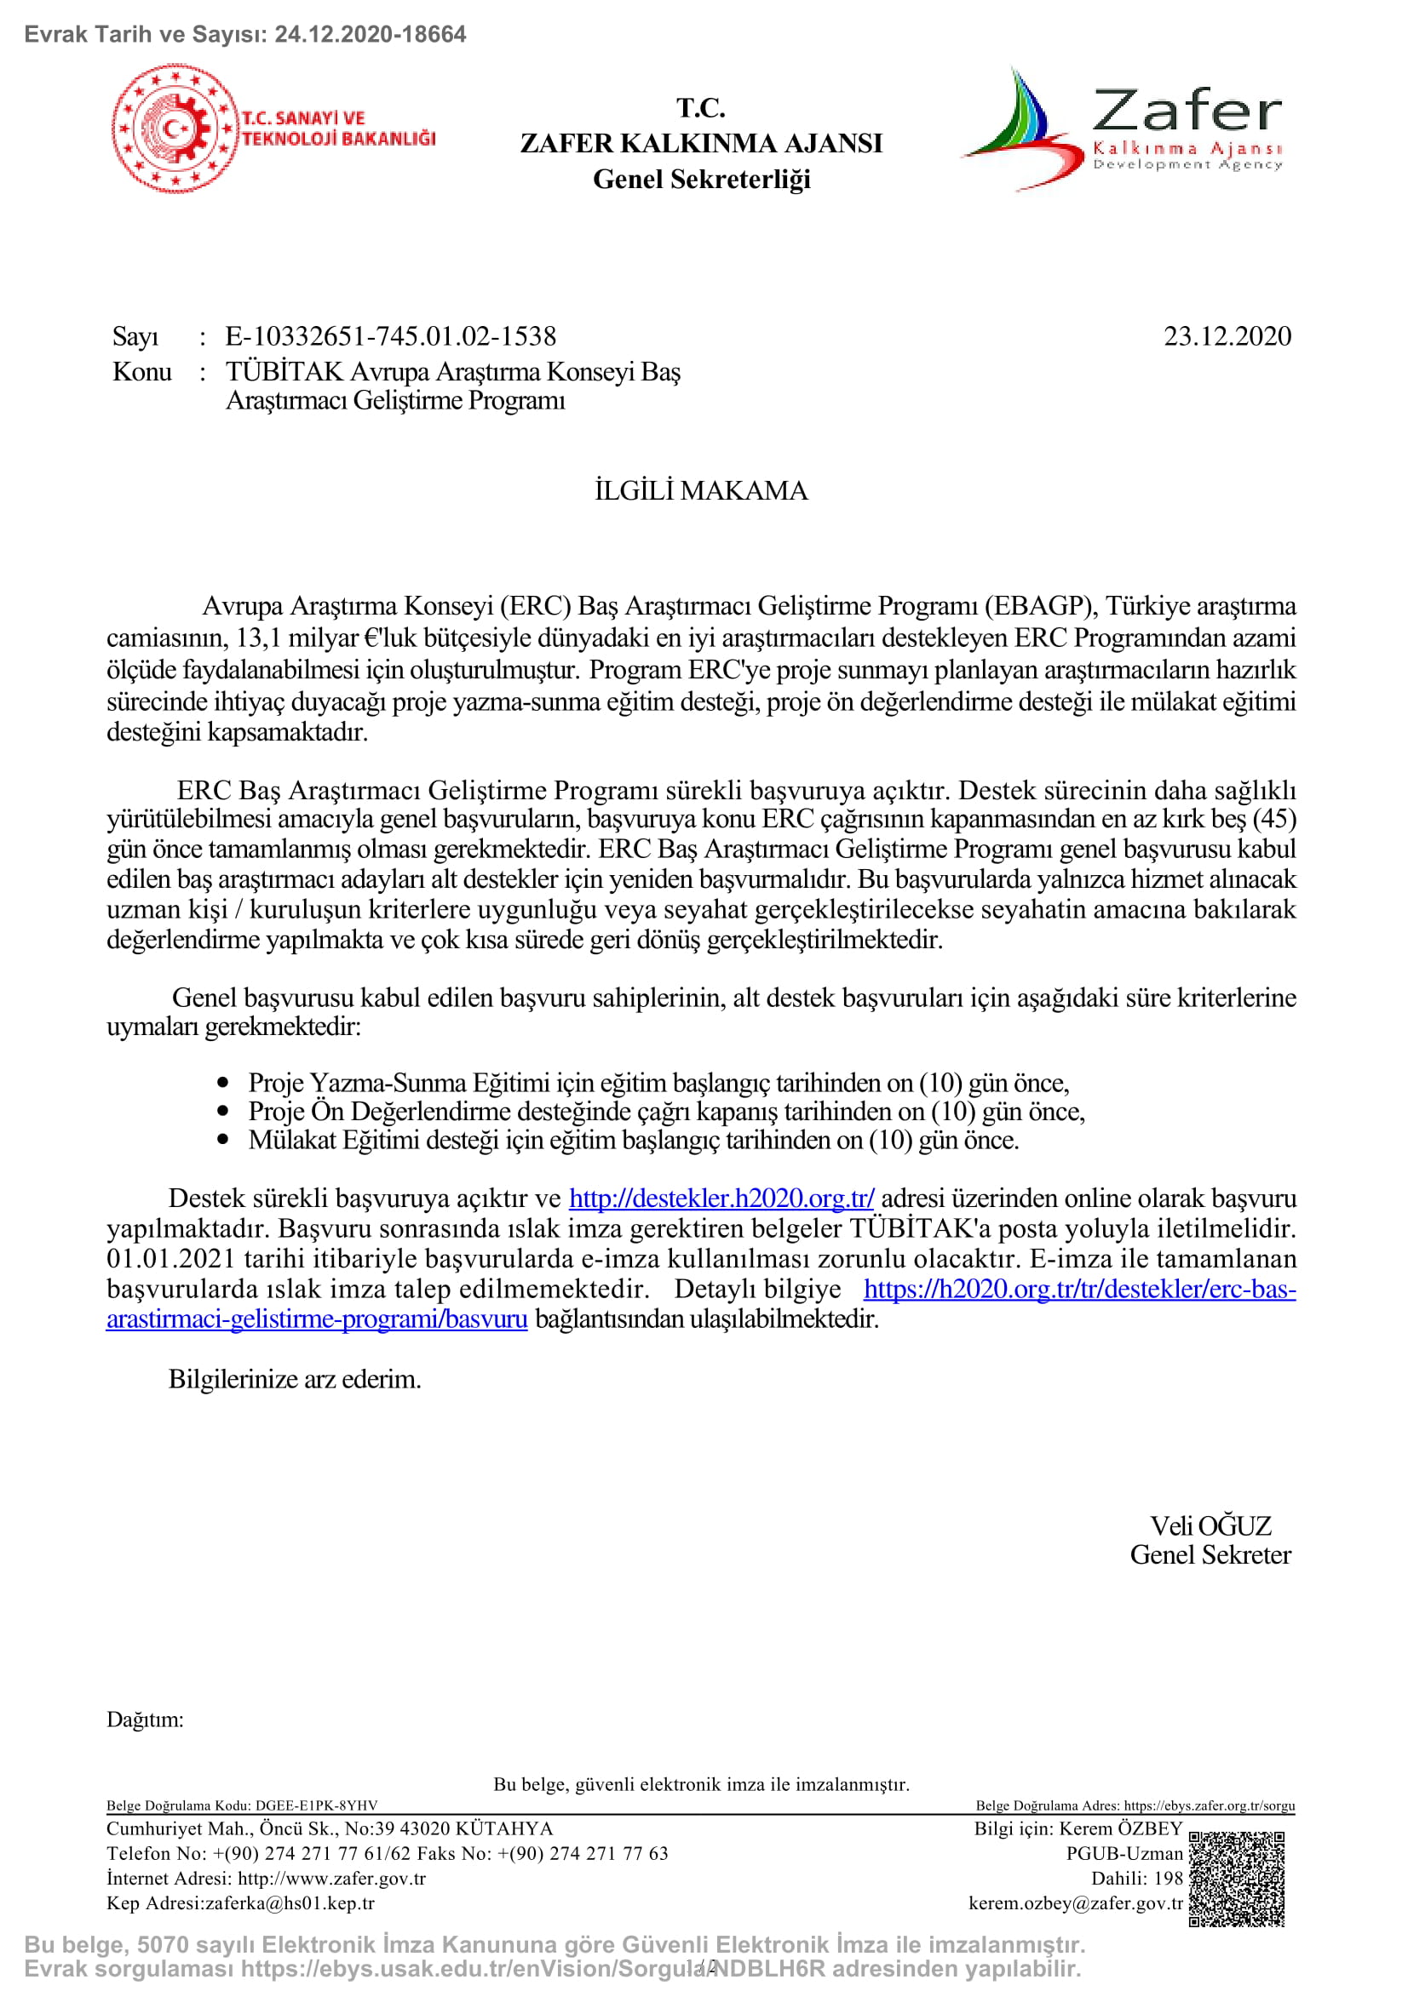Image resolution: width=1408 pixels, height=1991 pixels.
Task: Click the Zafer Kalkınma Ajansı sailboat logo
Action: tap(1024, 130)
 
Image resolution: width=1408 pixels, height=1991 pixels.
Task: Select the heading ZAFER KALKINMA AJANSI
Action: tap(701, 143)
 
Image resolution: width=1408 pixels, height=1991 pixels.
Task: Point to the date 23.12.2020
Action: tap(1227, 336)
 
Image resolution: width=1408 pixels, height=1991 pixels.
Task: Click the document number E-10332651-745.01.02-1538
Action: tap(390, 336)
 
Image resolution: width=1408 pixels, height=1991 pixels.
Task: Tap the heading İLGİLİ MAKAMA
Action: tap(701, 491)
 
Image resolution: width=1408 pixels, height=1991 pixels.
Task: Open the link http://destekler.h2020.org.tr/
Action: tap(721, 1199)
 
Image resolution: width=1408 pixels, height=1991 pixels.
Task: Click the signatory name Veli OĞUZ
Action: tap(1210, 1525)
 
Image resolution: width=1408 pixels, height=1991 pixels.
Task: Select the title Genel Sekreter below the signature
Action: tap(1210, 1555)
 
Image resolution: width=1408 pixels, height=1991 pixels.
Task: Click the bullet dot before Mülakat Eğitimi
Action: tap(224, 1140)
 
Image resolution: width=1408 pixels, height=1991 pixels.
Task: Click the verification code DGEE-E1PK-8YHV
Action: tap(316, 1805)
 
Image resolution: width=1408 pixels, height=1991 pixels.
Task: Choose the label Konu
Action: tap(142, 372)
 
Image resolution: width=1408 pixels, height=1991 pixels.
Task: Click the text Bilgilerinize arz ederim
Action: tap(294, 1379)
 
